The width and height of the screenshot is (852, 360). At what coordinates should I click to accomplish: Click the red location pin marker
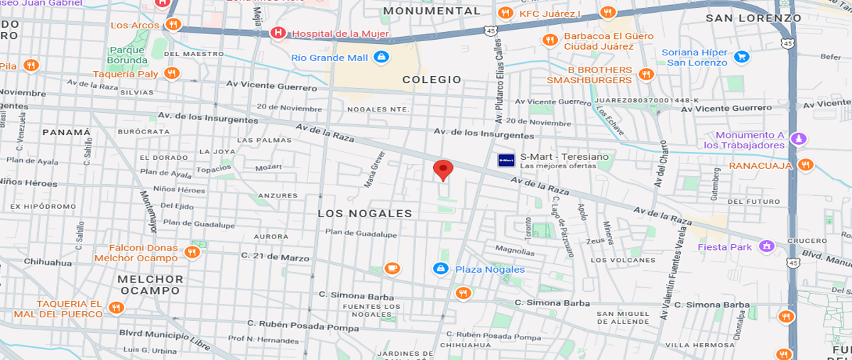[x=443, y=170]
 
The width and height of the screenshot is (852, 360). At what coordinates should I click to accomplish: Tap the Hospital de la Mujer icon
[x=278, y=33]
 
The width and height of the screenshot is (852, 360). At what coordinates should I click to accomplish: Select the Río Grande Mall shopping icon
[x=382, y=58]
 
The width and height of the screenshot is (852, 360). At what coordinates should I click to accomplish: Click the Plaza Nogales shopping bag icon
[x=440, y=268]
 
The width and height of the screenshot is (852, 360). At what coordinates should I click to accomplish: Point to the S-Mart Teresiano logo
[x=506, y=160]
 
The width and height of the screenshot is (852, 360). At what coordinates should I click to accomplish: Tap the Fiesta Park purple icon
[x=766, y=246]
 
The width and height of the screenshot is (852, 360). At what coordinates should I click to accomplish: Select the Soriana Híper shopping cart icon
[x=741, y=57]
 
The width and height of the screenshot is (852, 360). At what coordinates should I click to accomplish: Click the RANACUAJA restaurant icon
[x=805, y=165]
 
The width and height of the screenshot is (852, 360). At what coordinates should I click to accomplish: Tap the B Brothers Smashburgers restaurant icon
[x=645, y=74]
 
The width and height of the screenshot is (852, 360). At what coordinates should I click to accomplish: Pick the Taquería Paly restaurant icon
[x=171, y=73]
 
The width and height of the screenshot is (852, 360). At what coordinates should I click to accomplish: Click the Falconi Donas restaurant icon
[x=192, y=252]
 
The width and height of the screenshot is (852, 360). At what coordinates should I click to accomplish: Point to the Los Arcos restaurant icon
[x=173, y=25]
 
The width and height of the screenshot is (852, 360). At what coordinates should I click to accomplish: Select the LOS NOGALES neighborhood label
[x=364, y=213]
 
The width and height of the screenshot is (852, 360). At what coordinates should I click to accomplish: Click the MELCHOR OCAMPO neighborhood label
[x=150, y=285]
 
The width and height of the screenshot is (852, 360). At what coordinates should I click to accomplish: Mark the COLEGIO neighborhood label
[x=432, y=80]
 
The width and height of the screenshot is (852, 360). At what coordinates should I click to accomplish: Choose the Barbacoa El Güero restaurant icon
[x=549, y=40]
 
